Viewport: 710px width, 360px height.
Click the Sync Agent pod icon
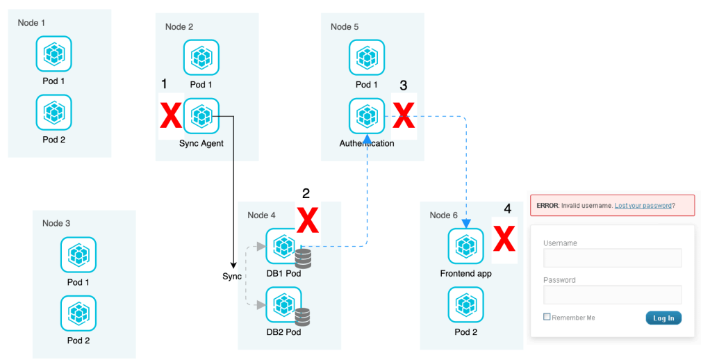coord(201,116)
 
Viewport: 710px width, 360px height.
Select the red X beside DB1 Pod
coord(307,220)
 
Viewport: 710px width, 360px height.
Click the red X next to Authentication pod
coord(403,115)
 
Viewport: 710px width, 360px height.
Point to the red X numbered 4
coord(504,240)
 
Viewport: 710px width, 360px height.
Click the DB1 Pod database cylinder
coord(303,259)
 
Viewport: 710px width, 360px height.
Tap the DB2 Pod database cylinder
coord(303,317)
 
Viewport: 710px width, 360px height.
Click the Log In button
coord(663,318)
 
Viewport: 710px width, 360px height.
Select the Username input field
coord(612,258)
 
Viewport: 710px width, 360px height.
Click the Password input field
coord(612,295)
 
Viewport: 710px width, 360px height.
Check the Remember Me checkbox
coord(547,317)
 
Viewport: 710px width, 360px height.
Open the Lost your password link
coord(643,206)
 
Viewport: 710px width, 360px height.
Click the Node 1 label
coord(32,23)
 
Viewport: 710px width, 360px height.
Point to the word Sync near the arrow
coord(232,277)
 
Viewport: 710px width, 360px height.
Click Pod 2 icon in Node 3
coord(79,313)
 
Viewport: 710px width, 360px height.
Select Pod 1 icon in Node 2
coord(201,58)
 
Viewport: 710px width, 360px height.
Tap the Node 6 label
coord(444,215)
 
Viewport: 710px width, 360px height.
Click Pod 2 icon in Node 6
coord(465,304)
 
